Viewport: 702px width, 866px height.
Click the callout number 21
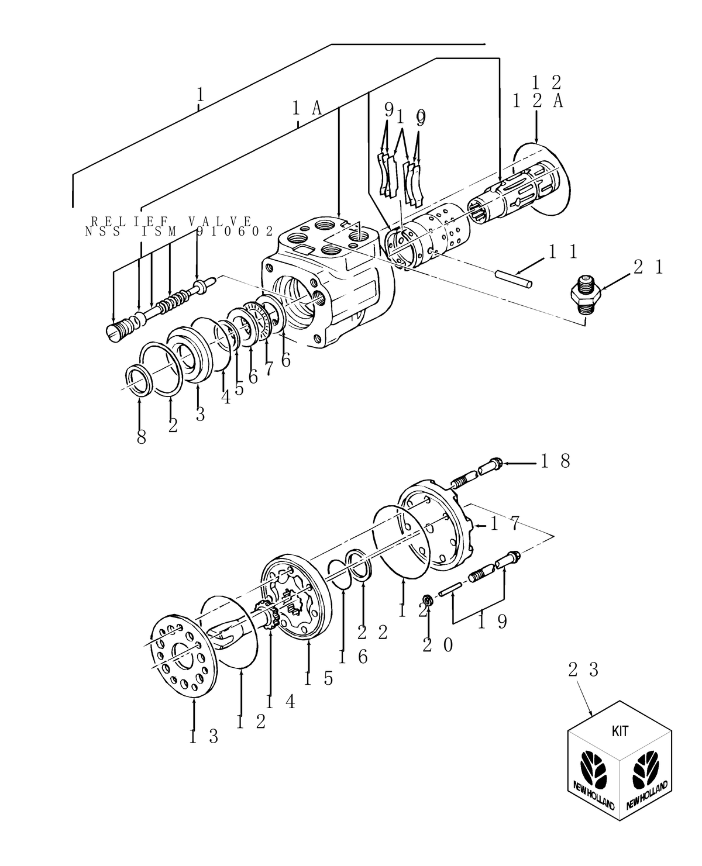coord(648,267)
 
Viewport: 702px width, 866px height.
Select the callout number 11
coord(563,252)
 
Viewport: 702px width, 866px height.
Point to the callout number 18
coord(555,462)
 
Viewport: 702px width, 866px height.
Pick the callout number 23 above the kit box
coord(583,670)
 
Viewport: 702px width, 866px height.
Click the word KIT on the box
coord(620,730)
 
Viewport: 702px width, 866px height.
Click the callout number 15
coord(318,678)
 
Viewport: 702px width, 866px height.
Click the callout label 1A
coord(307,108)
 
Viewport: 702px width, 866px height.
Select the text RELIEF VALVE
coord(171,222)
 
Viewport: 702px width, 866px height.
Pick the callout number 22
coord(373,632)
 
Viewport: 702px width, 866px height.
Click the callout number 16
coord(353,657)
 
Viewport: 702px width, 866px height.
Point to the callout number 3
coord(200,414)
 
